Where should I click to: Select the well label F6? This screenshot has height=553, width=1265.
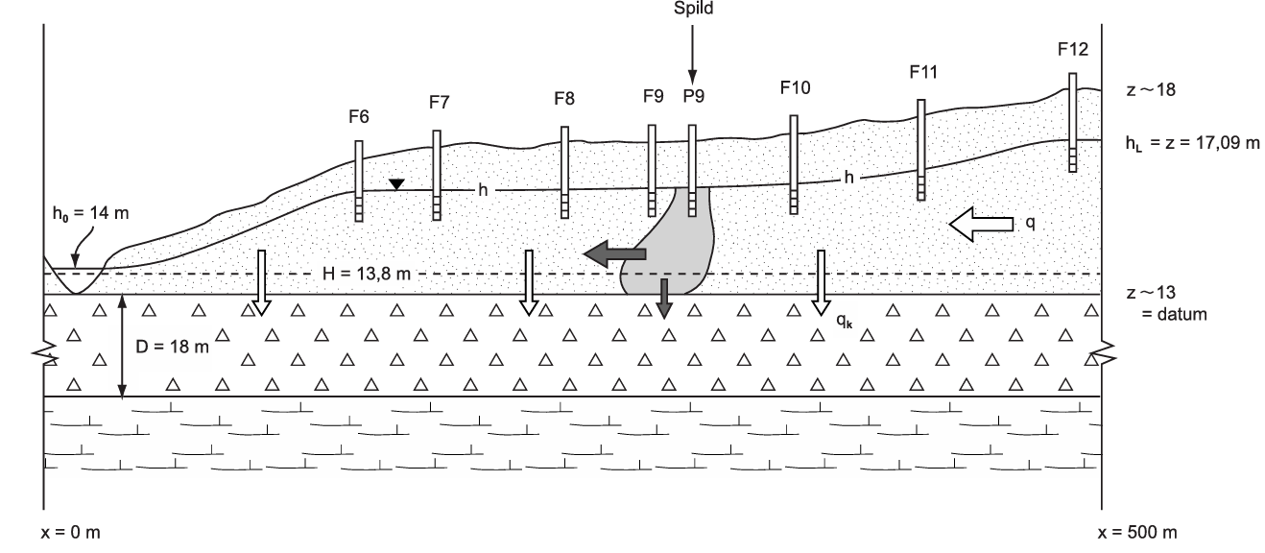pos(359,116)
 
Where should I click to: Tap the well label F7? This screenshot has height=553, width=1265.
pos(439,104)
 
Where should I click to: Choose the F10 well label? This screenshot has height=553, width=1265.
pos(794,87)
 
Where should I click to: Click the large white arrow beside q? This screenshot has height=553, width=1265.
pos(980,224)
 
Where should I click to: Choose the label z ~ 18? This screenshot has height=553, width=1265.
pos(1150,89)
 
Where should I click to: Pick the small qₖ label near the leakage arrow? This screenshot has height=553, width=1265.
pos(843,323)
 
